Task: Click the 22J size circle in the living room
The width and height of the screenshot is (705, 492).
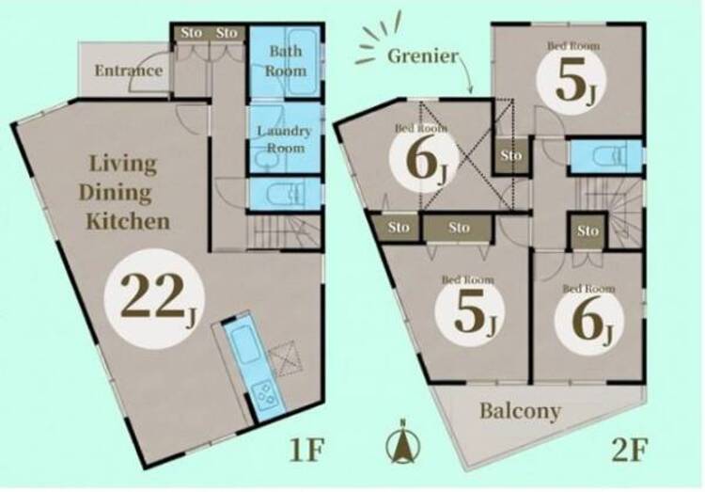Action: [154, 298]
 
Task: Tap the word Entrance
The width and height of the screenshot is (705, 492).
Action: [129, 71]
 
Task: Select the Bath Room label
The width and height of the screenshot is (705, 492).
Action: [285, 61]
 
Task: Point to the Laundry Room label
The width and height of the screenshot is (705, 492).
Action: [284, 139]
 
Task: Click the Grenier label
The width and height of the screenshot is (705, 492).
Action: [423, 56]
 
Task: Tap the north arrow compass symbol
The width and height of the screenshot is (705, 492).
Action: [403, 442]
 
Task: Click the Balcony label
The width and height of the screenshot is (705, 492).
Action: [520, 411]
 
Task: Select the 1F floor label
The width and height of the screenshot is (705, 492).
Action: [306, 450]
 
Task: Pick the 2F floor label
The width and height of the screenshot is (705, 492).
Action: [630, 450]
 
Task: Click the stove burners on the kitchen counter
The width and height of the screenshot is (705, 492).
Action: [266, 395]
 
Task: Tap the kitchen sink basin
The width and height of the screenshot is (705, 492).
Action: [242, 344]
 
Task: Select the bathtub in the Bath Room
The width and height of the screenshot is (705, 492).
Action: [304, 62]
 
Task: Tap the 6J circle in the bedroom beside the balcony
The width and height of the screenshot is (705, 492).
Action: [589, 320]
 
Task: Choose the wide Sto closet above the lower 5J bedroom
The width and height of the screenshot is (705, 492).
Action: [459, 228]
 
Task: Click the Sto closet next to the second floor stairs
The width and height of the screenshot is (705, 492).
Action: [587, 230]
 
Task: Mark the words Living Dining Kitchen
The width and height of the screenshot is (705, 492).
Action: [124, 193]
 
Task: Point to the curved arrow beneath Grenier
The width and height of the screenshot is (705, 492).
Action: [466, 72]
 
